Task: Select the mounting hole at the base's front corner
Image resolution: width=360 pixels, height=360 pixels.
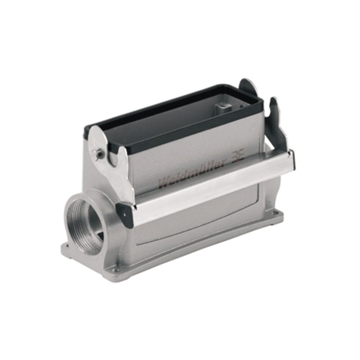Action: pos(116,269)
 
